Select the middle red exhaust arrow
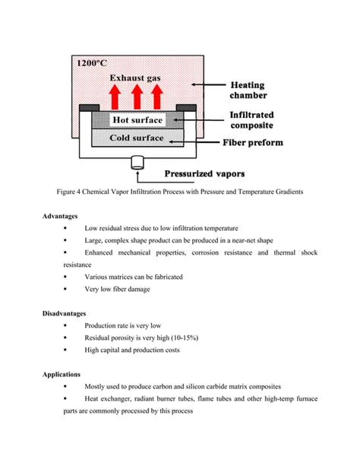pyautogui.click(x=137, y=97)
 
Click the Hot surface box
pyautogui.click(x=137, y=120)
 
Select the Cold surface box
pyautogui.click(x=137, y=138)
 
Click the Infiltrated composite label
pyautogui.click(x=252, y=120)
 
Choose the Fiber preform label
pyautogui.click(x=253, y=142)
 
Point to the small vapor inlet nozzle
pyautogui.click(x=137, y=161)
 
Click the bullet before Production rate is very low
pyautogui.click(x=66, y=325)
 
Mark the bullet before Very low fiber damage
pyautogui.click(x=66, y=289)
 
